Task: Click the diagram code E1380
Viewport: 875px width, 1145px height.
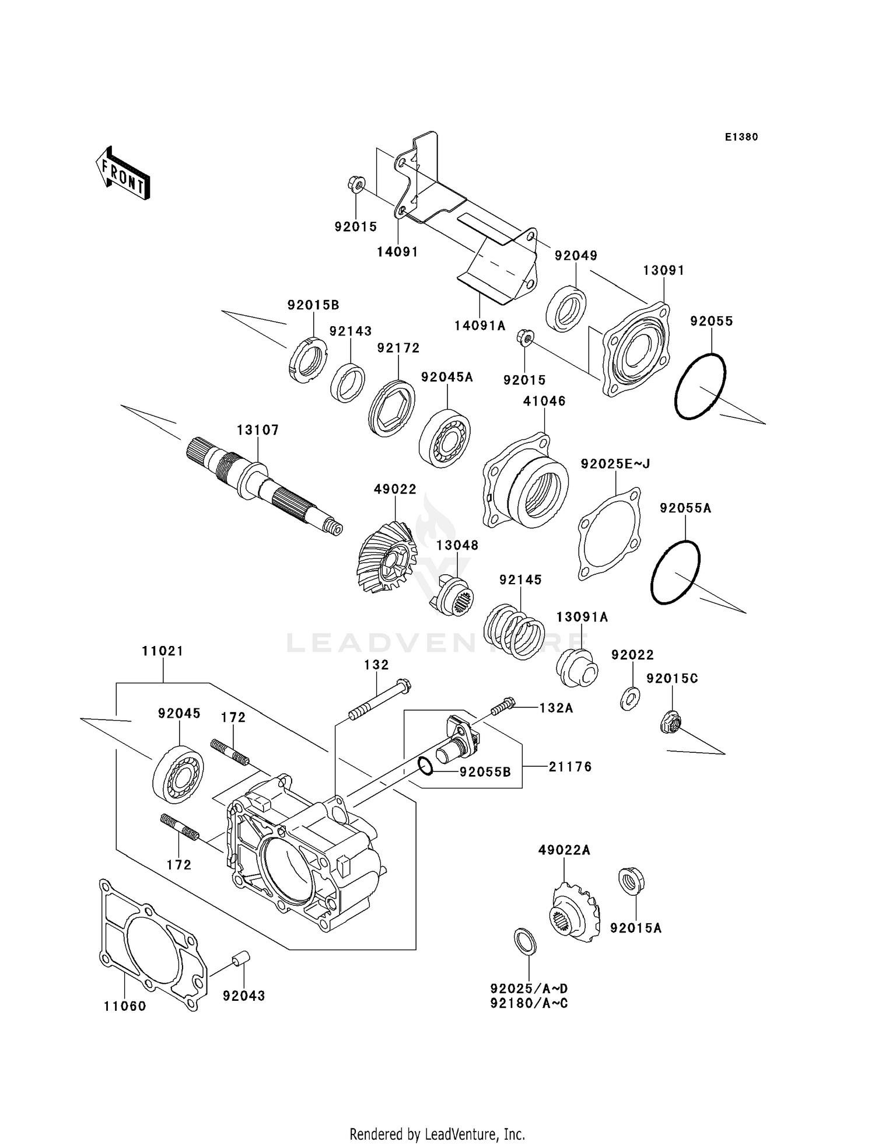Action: (741, 137)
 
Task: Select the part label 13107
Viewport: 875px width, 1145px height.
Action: (258, 430)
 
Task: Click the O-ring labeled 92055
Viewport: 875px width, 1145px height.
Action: (700, 386)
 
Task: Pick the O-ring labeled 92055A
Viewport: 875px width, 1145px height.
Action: (675, 572)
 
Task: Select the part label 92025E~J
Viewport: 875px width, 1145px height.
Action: (615, 464)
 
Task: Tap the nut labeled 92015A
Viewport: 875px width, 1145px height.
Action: (631, 881)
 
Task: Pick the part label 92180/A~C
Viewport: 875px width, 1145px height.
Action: (529, 1003)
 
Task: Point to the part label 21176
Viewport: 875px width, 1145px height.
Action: (570, 767)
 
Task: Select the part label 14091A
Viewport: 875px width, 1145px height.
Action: (480, 326)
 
